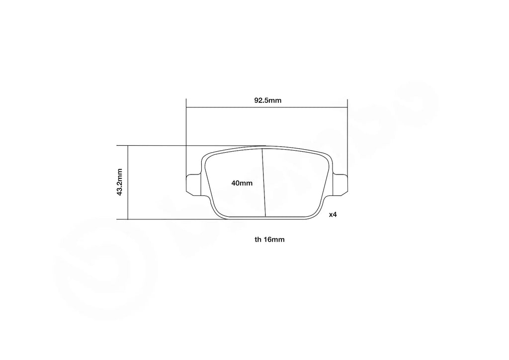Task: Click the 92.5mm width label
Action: pos(268,100)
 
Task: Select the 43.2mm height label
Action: pos(120,182)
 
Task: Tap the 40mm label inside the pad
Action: pos(242,183)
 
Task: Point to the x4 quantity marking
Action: pos(333,215)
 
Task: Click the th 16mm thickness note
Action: pos(269,239)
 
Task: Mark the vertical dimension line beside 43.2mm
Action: pos(128,199)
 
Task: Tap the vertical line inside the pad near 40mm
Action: pos(264,189)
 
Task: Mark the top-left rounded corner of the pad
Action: pos(206,156)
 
